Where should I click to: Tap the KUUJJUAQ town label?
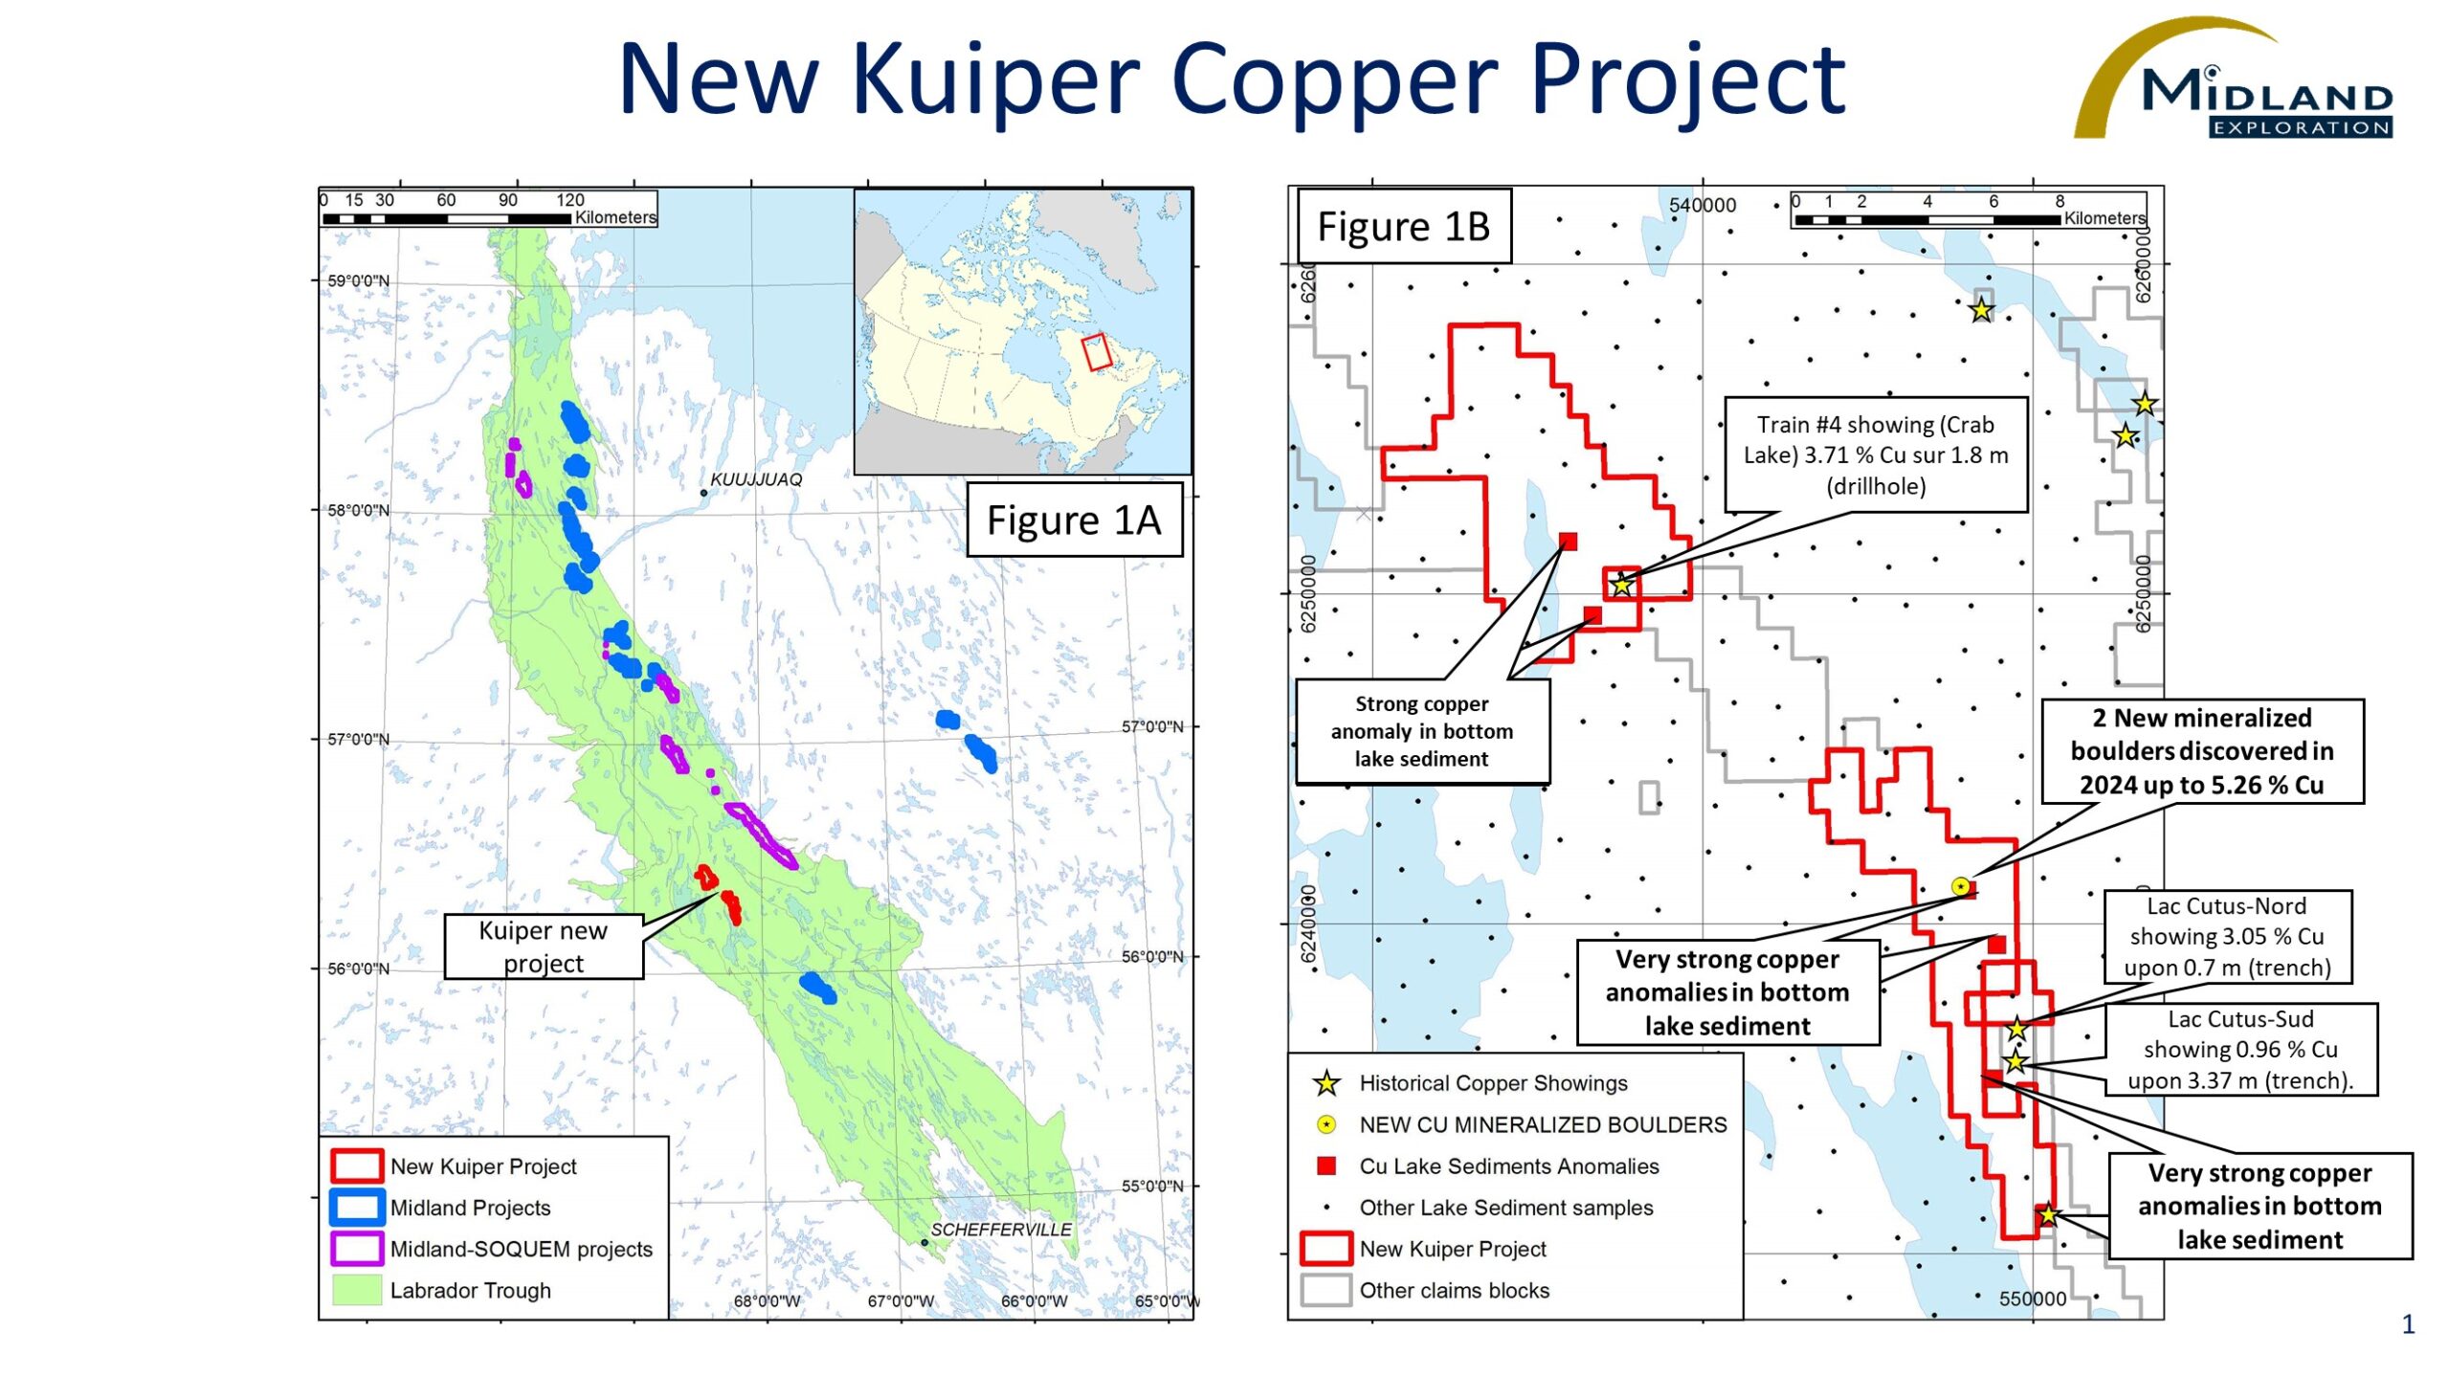(755, 479)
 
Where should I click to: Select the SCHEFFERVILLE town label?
(1000, 1230)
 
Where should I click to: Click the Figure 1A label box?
(1074, 520)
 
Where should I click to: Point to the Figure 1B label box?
(1403, 227)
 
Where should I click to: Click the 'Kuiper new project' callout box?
(543, 946)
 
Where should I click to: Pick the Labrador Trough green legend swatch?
(356, 1290)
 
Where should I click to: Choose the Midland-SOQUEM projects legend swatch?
(356, 1248)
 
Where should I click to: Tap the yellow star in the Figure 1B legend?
(1326, 1083)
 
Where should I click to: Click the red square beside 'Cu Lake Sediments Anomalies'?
(1326, 1166)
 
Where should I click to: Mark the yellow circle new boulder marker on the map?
(1960, 887)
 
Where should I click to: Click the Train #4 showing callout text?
(1875, 456)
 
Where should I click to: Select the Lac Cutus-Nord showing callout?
(2227, 937)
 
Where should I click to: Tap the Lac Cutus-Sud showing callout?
(2239, 1050)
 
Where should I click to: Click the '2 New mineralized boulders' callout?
(2201, 751)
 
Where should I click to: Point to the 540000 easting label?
(1702, 206)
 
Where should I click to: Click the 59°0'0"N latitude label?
(358, 281)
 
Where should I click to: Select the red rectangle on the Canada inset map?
(1097, 352)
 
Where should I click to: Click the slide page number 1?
(2408, 1324)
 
